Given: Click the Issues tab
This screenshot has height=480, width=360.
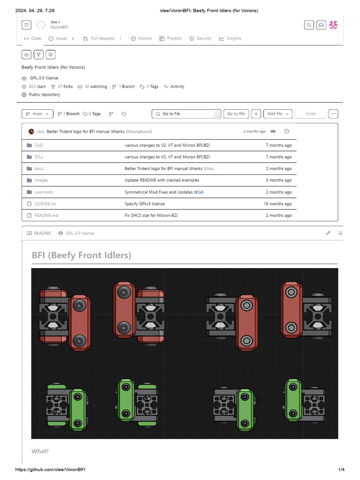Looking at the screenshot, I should [x=61, y=38].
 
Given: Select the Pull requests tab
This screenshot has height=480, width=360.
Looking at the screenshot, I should [x=102, y=38].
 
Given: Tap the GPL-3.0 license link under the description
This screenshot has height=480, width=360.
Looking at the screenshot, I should [x=44, y=78].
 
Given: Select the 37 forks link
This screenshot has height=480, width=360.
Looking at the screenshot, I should [x=65, y=87].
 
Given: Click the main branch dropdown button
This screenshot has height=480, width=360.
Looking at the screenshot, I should [x=37, y=114].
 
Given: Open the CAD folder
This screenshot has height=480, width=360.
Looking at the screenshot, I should [x=38, y=145].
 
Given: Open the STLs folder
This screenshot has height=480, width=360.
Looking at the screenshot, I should [x=38, y=157].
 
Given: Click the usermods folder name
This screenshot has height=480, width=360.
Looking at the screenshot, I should [x=44, y=192].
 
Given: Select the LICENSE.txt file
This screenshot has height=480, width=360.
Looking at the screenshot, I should [x=45, y=204].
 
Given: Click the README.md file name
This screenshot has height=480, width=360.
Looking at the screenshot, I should [x=46, y=216].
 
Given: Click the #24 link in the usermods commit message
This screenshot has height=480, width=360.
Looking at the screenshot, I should [x=198, y=192].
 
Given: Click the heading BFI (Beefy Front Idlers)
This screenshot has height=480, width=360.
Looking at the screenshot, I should [x=82, y=255].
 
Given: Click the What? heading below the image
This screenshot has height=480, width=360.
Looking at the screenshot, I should [x=40, y=451].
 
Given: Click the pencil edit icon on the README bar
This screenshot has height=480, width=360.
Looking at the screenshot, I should [x=328, y=233].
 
